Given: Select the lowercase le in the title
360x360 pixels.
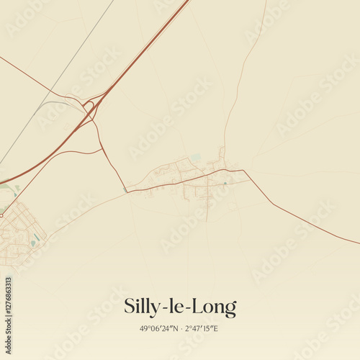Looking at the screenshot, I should point(179,307).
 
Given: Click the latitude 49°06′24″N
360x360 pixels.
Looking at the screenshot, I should point(160,328).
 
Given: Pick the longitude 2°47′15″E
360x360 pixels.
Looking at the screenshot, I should point(201,328).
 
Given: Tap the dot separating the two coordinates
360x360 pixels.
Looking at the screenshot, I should point(181,328).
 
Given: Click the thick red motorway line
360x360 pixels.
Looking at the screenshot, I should point(144,50).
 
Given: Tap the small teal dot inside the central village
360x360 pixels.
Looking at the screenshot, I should point(225,183).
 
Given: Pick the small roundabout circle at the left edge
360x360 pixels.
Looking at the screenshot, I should point(1,214).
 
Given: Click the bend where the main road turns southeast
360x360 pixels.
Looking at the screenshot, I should point(244,171).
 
